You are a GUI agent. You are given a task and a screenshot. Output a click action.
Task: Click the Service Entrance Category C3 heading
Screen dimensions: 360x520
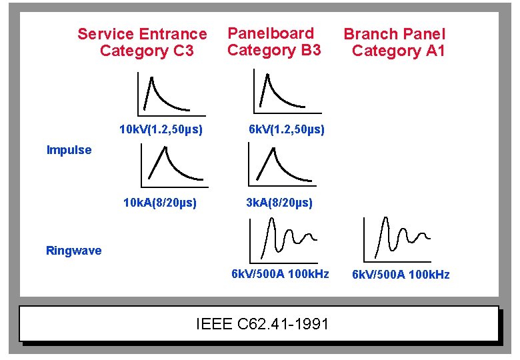point(142,42)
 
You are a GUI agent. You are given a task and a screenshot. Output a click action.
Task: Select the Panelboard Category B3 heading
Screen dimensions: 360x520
point(273,41)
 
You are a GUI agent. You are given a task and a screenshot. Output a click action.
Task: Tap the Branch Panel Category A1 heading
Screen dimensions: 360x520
point(395,42)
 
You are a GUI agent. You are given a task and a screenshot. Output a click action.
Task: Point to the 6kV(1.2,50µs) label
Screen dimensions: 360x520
point(287,129)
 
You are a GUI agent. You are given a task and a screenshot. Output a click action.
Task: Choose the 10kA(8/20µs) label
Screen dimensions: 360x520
point(160,202)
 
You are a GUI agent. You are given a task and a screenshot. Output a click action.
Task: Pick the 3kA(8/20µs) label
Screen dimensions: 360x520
point(279,202)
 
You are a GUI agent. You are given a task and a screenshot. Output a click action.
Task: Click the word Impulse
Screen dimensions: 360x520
point(69,150)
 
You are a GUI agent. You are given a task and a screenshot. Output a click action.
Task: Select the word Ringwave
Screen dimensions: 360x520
point(73,251)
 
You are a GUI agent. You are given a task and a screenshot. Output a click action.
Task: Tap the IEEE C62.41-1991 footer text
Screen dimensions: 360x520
point(263,325)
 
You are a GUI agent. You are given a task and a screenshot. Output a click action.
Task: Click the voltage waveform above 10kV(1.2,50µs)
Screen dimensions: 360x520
point(163,93)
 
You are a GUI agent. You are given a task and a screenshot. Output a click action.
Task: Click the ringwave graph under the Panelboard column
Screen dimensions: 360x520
point(283,239)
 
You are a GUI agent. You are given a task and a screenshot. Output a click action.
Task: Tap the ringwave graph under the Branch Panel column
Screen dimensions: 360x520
point(397,239)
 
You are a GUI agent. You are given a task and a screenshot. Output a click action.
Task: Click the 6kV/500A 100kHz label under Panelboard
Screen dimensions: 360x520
point(280,273)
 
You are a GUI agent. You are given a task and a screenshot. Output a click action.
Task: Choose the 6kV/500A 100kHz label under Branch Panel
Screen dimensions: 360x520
point(401,275)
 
